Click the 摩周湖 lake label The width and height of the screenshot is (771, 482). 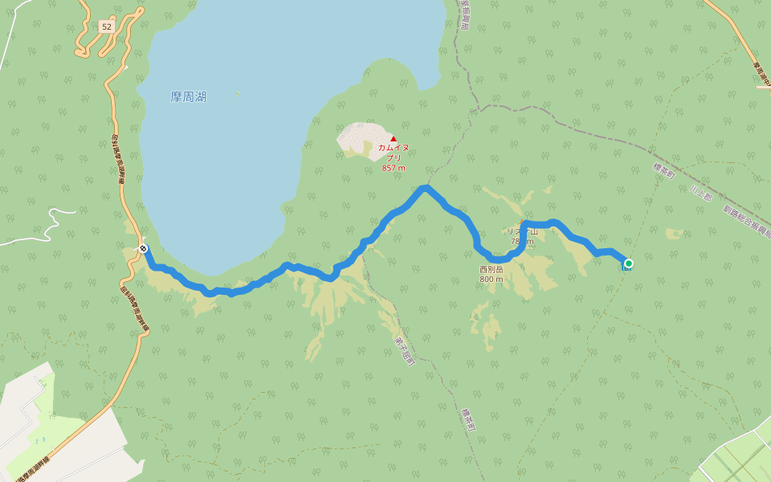point(188,96)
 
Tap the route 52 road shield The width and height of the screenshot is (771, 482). point(106,27)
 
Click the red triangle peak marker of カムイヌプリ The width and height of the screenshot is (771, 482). point(394,139)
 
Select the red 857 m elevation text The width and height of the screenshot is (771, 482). point(394,168)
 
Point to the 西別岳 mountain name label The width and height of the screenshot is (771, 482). point(491,269)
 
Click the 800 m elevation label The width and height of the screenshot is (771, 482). point(492,280)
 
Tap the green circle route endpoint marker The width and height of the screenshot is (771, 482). point(629,263)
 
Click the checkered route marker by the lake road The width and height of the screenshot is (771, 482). point(143,248)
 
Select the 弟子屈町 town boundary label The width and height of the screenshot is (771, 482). point(402,349)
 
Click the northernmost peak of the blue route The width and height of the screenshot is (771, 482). point(425,188)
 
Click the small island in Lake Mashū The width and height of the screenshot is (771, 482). point(237,92)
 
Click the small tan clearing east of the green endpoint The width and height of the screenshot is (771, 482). point(674,234)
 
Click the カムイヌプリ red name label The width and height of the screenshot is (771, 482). point(394,153)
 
